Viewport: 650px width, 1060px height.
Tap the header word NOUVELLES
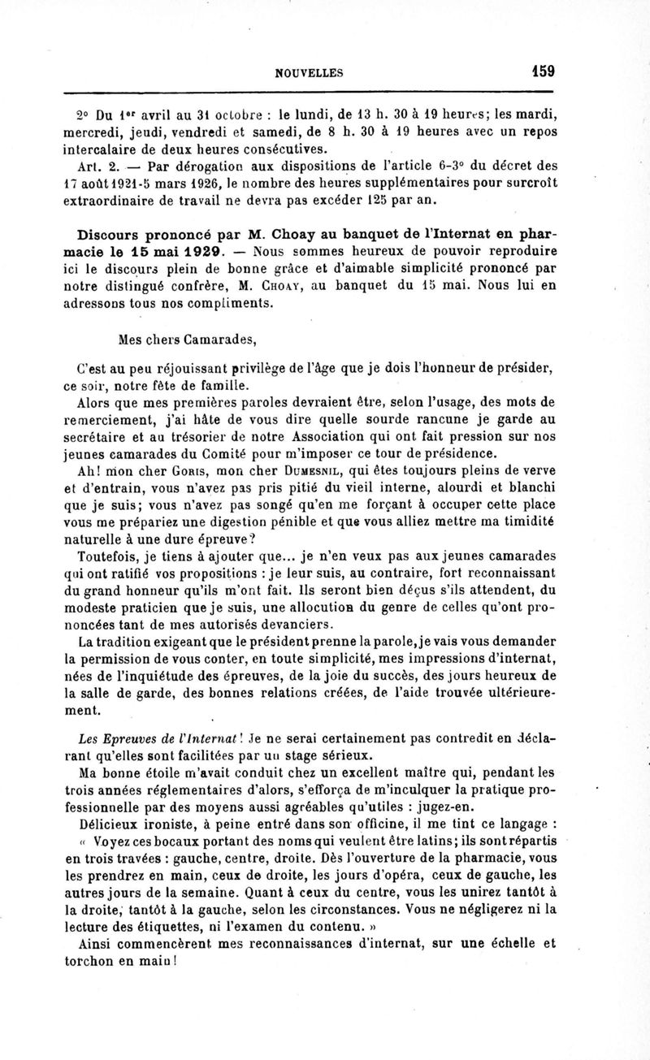tap(310, 72)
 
